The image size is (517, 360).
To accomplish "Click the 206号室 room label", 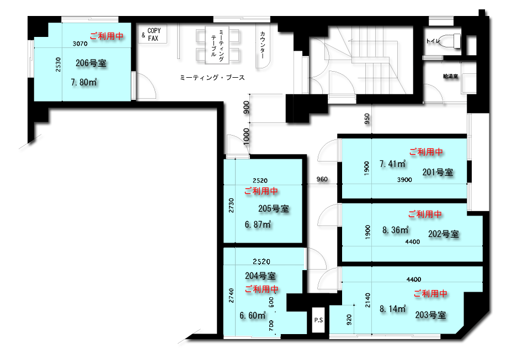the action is click(90, 63).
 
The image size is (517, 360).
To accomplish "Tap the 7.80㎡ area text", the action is click(84, 82).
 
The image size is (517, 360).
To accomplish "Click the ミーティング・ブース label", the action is click(212, 78).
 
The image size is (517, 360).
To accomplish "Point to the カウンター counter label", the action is click(263, 45).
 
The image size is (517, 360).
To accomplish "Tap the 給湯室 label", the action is click(450, 77).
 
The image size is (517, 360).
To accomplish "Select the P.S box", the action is click(318, 320).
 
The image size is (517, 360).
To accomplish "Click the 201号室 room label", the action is click(438, 172).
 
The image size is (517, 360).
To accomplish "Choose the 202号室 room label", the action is click(444, 234).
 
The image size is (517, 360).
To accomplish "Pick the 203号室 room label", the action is click(430, 315).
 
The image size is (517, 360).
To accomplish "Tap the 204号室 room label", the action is click(260, 276).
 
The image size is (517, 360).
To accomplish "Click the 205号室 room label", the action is click(273, 208).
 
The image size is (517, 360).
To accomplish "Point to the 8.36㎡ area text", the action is click(395, 230).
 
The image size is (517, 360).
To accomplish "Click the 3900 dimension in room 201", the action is click(404, 180).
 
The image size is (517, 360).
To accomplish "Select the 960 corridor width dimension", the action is click(322, 179).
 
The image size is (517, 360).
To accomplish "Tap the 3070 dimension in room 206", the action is click(80, 44).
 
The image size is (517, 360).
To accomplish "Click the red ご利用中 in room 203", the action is click(430, 293).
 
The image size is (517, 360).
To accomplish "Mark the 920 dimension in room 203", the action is click(349, 320).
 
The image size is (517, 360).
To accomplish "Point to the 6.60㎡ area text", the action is click(253, 315).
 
